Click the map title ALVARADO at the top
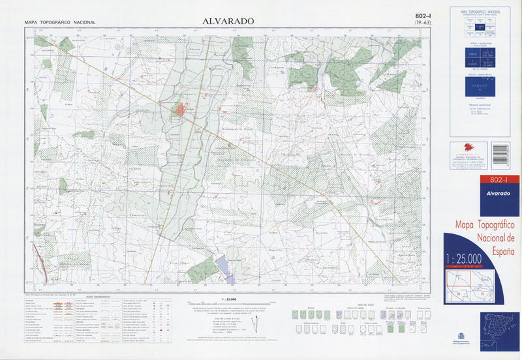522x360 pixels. (228, 21)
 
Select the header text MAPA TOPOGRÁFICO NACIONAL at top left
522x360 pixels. (59, 22)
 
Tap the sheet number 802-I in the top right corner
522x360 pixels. (424, 16)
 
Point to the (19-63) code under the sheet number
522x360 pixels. (423, 23)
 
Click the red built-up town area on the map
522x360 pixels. (180, 111)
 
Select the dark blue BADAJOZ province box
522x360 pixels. (479, 87)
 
